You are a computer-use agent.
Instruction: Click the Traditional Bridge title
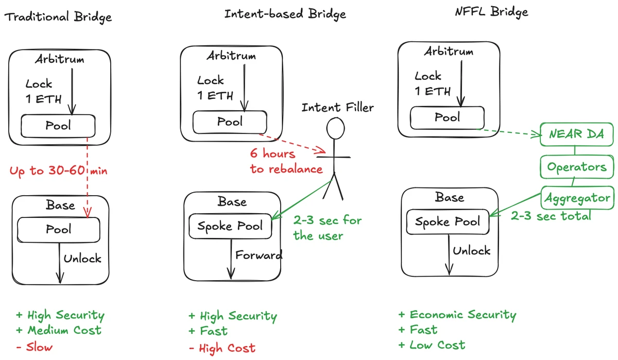pos(58,17)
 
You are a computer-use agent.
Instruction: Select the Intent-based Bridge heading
pos(285,14)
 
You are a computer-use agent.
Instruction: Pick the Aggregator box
pos(577,198)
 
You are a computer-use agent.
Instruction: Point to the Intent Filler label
pos(337,108)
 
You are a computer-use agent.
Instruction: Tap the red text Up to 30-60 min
pos(58,170)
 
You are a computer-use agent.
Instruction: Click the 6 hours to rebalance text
pos(286,161)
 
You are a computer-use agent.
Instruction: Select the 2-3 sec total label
pos(551,216)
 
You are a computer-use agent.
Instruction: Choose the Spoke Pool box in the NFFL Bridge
pos(447,222)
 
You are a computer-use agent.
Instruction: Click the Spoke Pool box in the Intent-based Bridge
pos(230,227)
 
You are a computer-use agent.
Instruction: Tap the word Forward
pos(259,255)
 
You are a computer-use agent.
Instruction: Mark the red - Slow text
pos(34,347)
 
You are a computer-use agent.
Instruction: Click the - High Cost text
pos(221,349)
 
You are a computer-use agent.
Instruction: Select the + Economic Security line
pos(457,315)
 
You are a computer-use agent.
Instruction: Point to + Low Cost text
pos(432,345)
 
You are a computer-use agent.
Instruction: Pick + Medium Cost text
pos(59,331)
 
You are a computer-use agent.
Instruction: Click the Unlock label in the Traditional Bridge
pos(82,258)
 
